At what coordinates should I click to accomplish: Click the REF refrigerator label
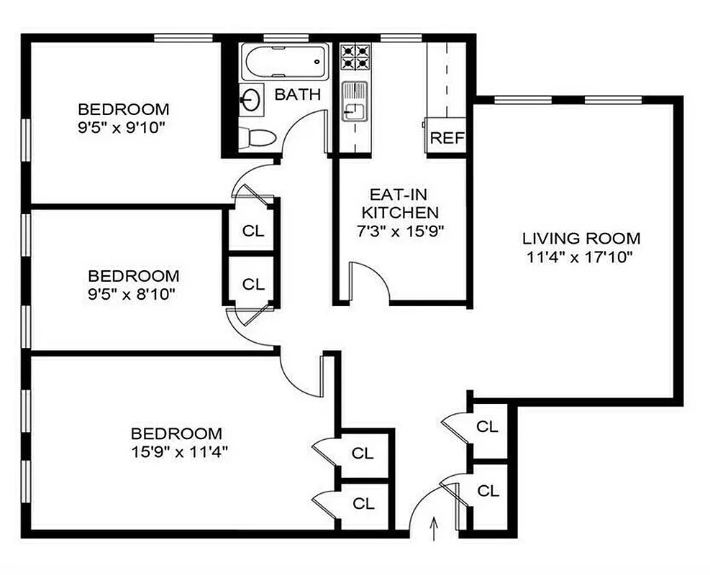point(447,138)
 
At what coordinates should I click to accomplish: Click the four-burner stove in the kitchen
point(355,57)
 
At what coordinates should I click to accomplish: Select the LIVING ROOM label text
point(581,239)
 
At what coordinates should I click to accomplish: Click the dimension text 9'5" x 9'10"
point(124,128)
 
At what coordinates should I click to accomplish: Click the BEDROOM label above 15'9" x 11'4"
point(176,433)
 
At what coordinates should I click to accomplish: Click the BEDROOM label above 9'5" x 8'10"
point(133,275)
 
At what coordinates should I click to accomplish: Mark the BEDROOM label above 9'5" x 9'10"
point(124,110)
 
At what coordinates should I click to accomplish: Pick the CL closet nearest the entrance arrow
point(488,492)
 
